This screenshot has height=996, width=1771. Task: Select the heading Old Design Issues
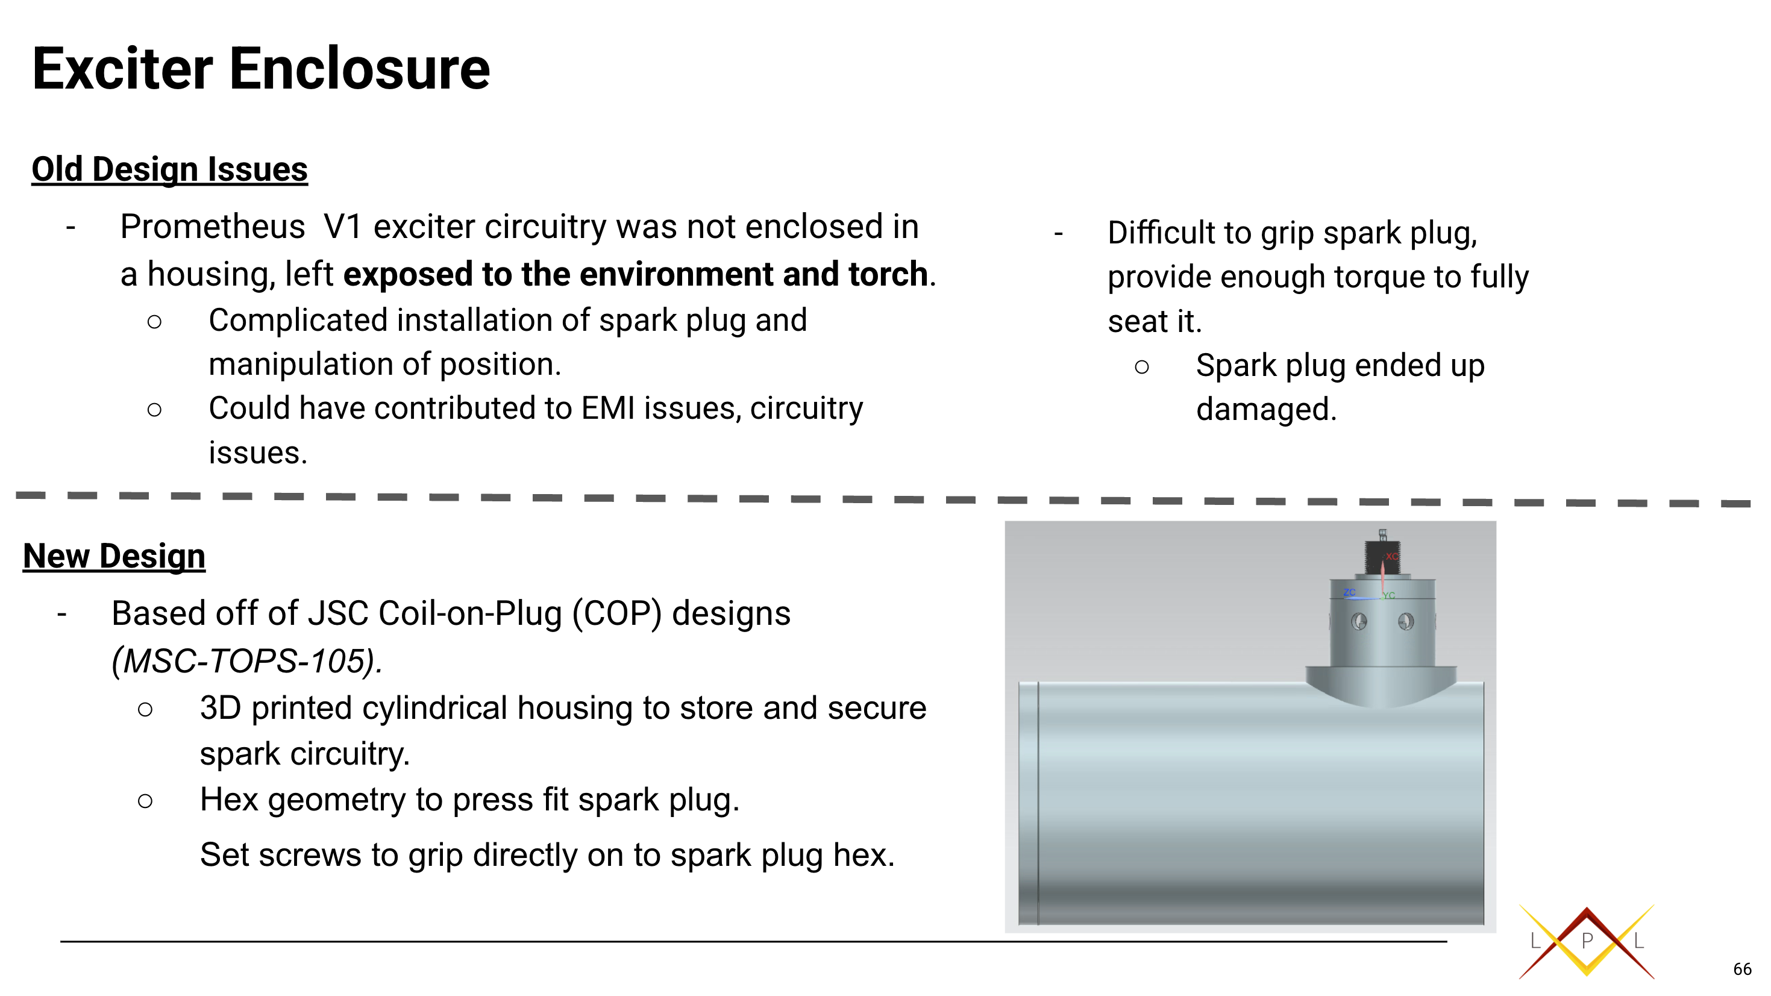(169, 169)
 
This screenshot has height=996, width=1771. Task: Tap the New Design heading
(114, 556)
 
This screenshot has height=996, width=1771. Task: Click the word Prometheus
(213, 227)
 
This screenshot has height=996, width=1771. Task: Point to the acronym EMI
(608, 409)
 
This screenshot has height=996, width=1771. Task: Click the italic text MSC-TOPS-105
(248, 661)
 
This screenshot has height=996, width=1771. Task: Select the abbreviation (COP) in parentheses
(616, 613)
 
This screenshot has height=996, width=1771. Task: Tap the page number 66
(1741, 969)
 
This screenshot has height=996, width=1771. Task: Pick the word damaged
(1265, 410)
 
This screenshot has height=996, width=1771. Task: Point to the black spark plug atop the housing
(1382, 556)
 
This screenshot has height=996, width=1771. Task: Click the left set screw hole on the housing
(1358, 622)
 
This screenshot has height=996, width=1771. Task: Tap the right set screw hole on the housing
(1406, 622)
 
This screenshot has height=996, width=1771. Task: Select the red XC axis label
(1392, 556)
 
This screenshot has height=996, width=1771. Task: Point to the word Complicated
(298, 321)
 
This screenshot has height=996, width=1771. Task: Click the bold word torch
(888, 274)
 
